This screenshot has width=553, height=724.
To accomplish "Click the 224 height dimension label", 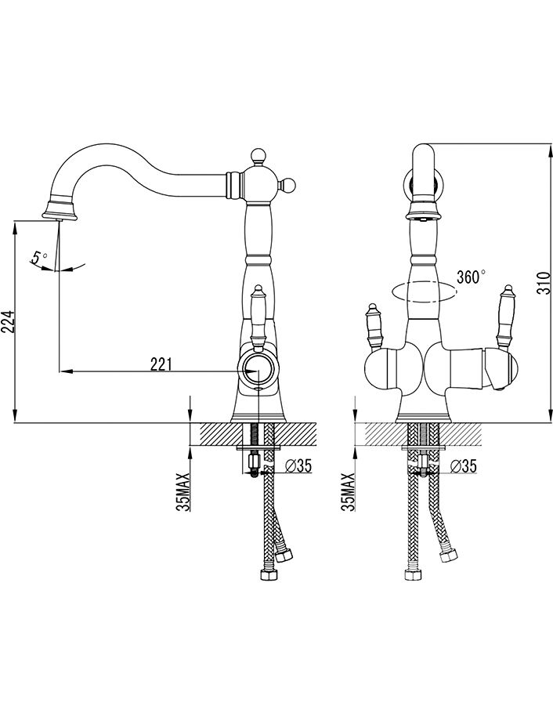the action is [x=9, y=320].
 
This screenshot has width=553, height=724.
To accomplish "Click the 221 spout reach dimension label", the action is [x=161, y=365].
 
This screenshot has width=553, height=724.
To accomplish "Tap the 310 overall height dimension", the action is [x=546, y=283].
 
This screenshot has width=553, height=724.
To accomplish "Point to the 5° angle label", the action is [x=39, y=256].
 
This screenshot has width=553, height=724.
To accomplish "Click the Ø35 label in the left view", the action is [x=298, y=466].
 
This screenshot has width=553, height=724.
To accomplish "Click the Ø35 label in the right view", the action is [x=462, y=466].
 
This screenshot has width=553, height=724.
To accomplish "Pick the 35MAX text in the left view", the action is [x=183, y=492].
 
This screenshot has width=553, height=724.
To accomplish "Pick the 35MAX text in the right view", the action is [x=348, y=492].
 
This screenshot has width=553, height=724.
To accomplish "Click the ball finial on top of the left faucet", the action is [x=257, y=156].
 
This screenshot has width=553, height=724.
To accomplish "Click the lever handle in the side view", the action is [x=258, y=314].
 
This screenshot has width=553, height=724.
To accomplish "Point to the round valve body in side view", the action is [x=258, y=371].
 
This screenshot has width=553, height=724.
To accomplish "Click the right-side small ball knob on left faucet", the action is [x=288, y=185].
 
